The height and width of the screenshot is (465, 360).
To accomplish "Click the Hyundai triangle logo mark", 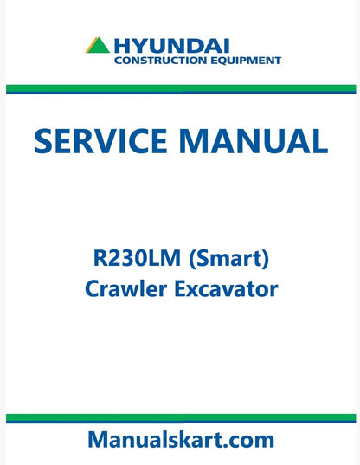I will (97, 46).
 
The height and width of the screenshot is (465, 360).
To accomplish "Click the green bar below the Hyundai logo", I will (180, 87).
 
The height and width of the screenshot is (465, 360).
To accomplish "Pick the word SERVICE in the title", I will (103, 140).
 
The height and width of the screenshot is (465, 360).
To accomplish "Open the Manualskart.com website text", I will (180, 440).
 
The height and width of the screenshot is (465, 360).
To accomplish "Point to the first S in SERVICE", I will (45, 140).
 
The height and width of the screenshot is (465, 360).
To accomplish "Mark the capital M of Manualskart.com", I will (99, 440).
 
